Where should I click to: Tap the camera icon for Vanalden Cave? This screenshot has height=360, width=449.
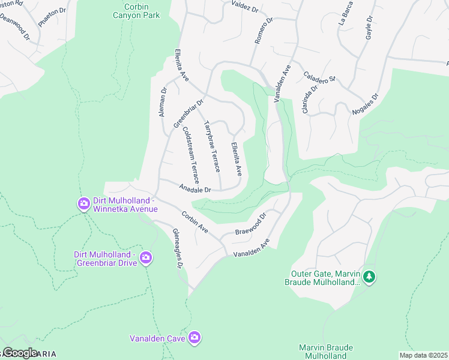(x=194, y=338)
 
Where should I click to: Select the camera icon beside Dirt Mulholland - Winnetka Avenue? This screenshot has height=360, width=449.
(x=83, y=205)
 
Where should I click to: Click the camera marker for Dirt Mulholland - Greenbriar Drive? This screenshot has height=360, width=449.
(x=145, y=259)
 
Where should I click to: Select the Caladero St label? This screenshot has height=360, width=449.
(x=319, y=76)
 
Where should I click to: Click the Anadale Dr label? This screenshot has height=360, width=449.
(x=196, y=189)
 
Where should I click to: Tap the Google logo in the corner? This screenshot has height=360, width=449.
(x=19, y=352)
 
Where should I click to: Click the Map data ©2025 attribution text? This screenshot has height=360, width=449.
(x=423, y=355)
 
